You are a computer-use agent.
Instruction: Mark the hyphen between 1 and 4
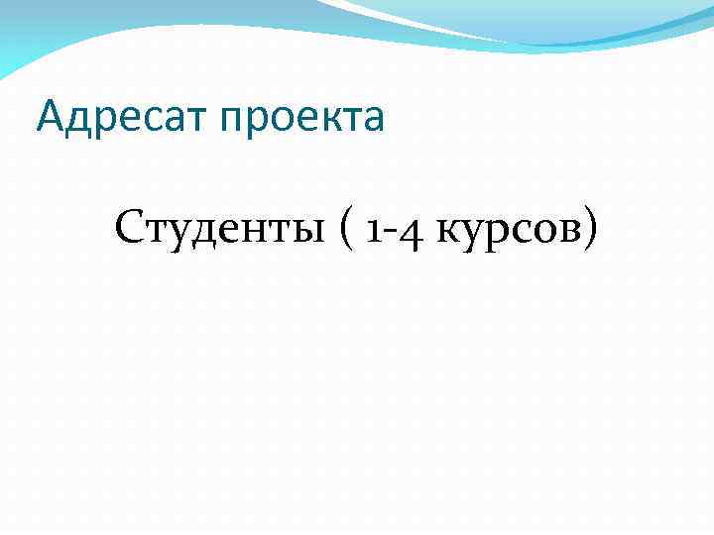pos(391,234)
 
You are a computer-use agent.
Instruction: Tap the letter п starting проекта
pos(231,122)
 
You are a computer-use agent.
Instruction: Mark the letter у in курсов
pos(470,236)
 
